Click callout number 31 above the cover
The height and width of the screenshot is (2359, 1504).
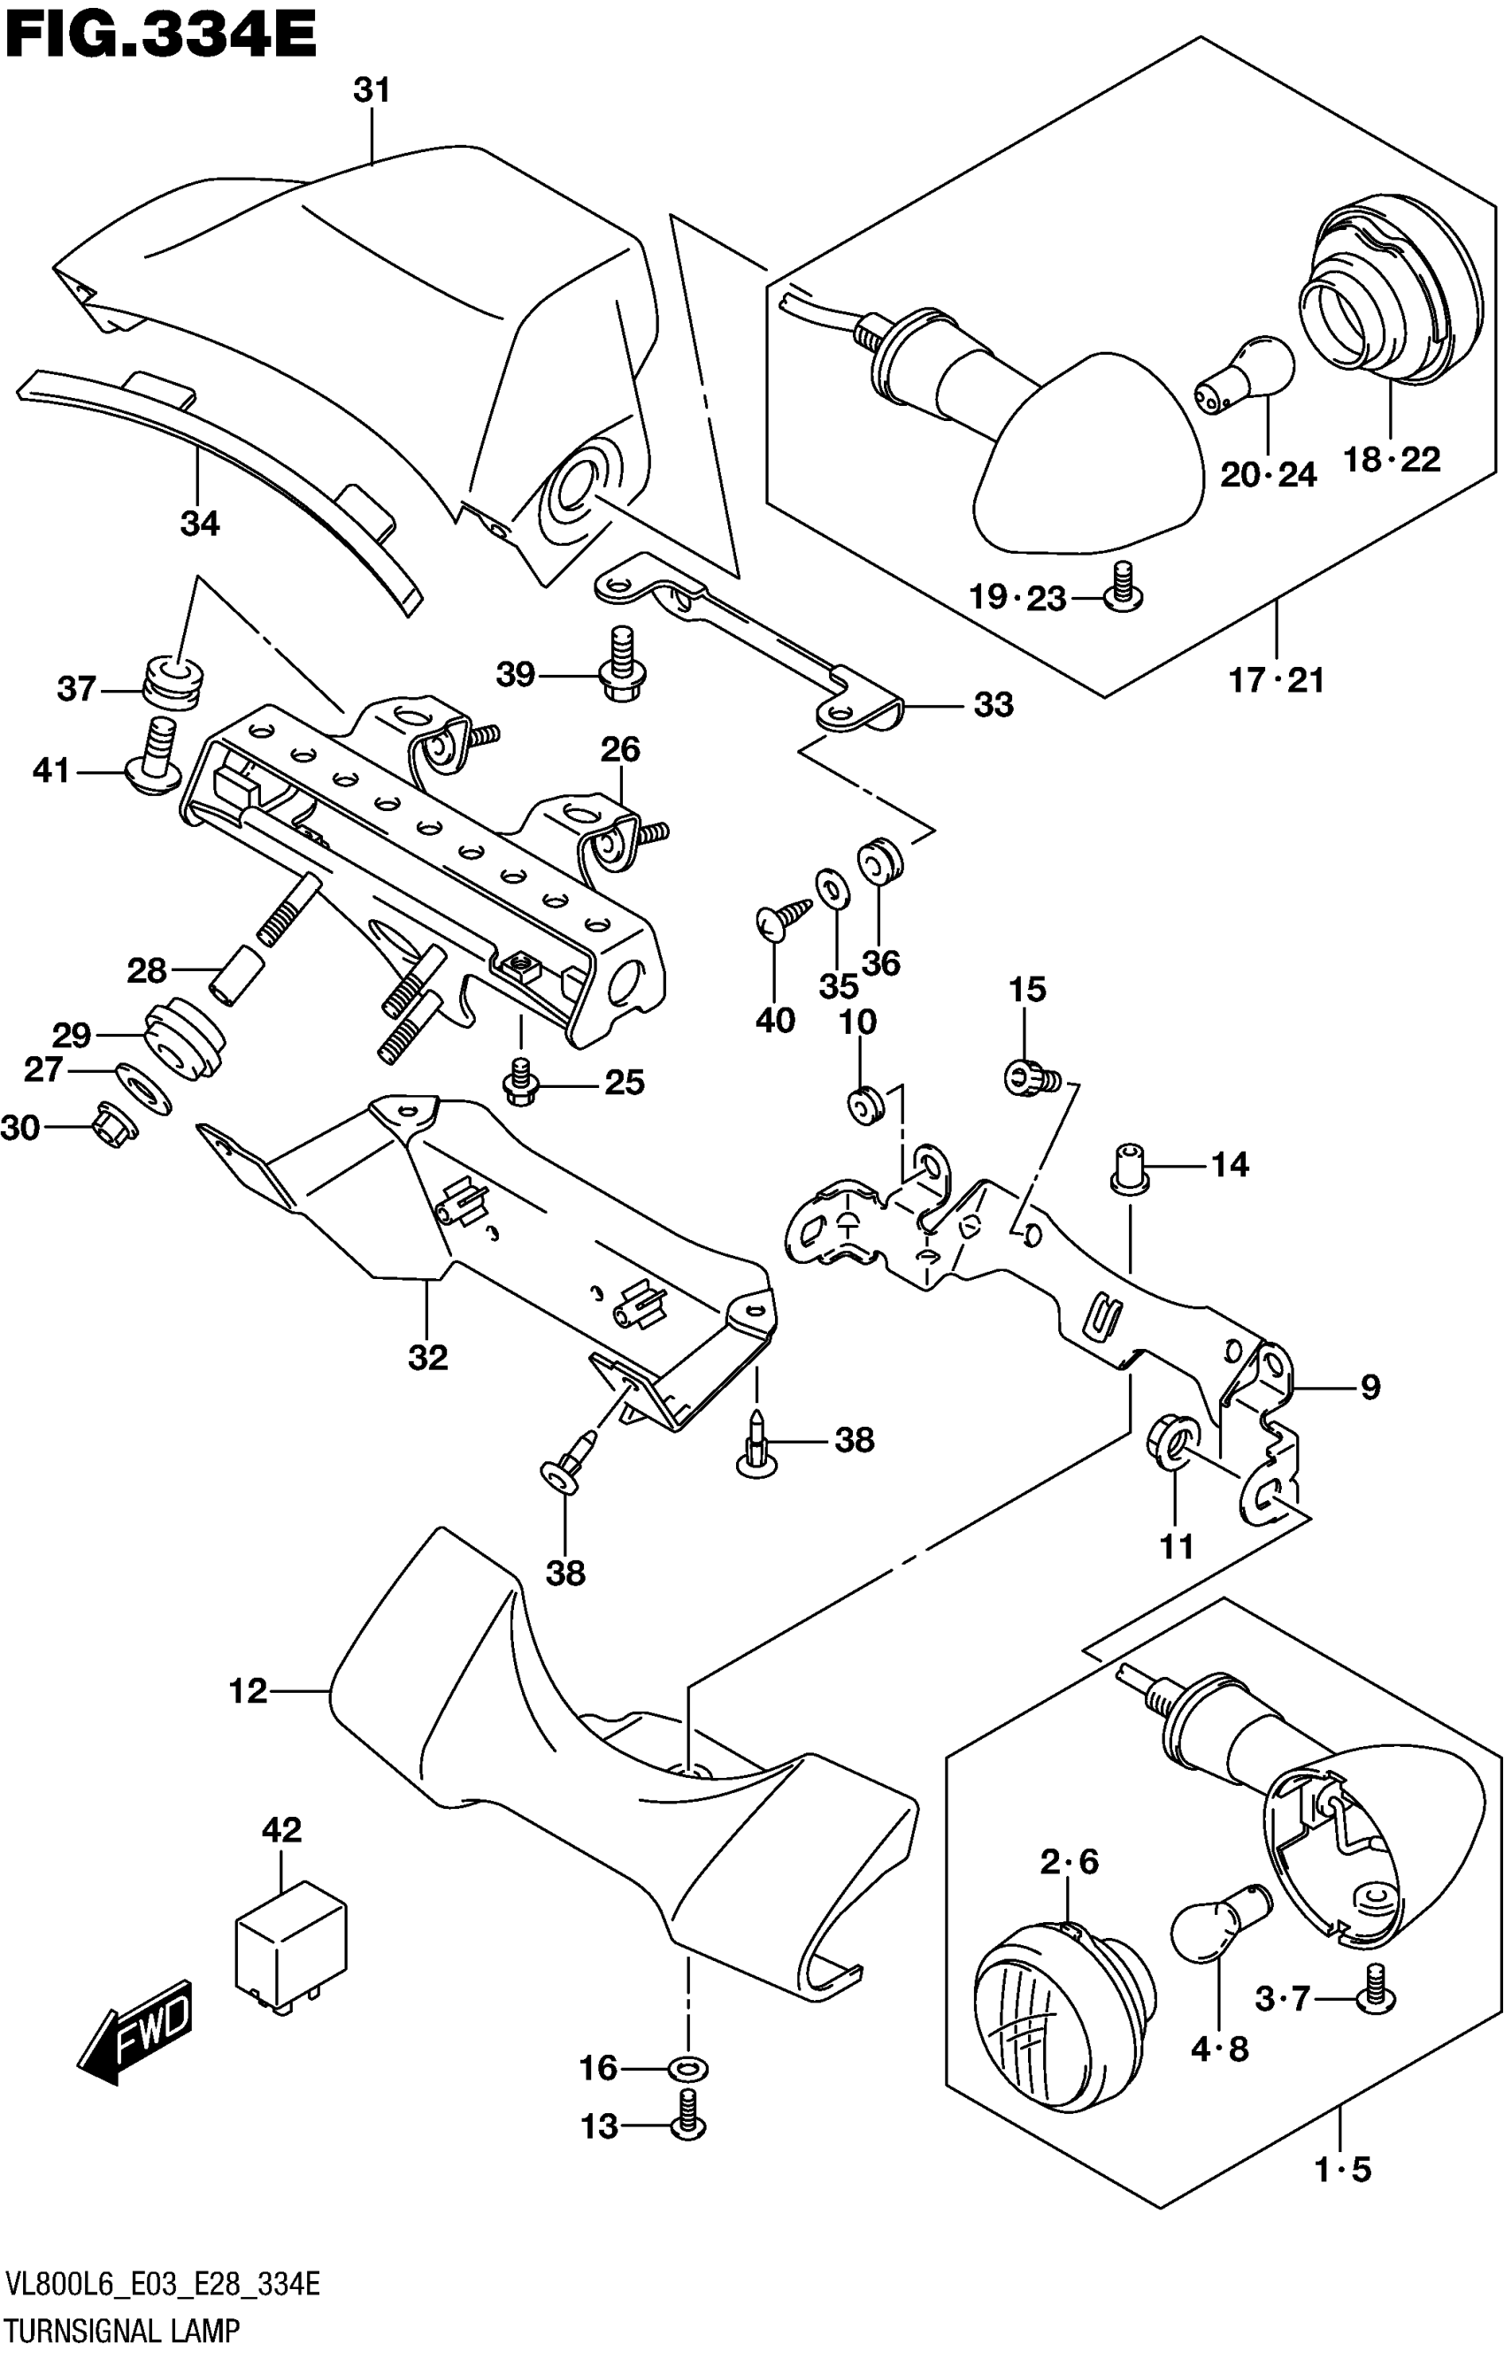(372, 90)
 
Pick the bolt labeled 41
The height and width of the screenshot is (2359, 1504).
(157, 756)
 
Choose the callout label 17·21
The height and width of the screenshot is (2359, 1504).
(1277, 679)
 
